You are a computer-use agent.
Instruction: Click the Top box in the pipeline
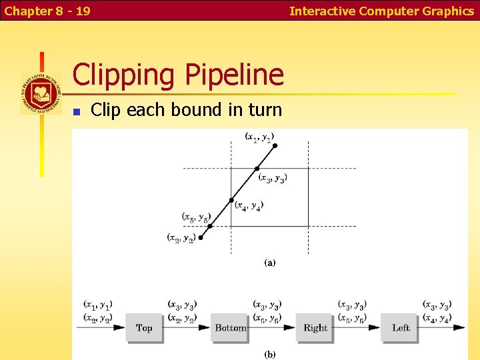click(x=144, y=327)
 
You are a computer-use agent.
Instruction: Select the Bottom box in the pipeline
click(x=230, y=327)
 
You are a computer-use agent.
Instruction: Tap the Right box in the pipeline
click(x=315, y=327)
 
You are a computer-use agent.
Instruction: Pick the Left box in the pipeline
click(x=401, y=327)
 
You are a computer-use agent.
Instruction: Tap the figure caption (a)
click(x=269, y=263)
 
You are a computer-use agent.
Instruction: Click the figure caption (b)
click(x=269, y=354)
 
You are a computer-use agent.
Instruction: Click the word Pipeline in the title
click(x=229, y=75)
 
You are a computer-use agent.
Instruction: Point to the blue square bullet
click(x=77, y=111)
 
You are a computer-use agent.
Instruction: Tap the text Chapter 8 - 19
click(x=47, y=11)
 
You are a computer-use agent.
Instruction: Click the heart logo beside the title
click(x=41, y=93)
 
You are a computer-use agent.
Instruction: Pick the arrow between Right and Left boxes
click(x=358, y=327)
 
